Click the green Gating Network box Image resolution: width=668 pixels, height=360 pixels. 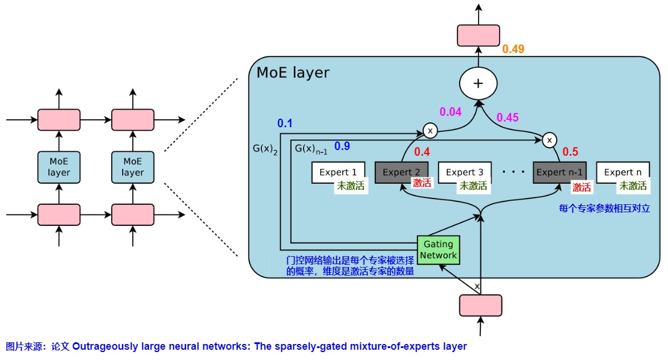[x=439, y=249]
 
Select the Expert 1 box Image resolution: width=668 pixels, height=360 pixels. [x=338, y=172]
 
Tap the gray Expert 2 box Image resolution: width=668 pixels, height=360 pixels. [x=401, y=172]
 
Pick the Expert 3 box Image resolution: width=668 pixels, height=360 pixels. [x=464, y=172]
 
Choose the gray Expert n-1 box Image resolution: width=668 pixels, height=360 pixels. [x=560, y=172]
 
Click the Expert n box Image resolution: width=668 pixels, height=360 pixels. [x=622, y=172]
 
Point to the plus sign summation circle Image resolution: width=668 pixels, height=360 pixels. [x=478, y=83]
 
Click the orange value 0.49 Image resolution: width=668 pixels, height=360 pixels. [x=513, y=50]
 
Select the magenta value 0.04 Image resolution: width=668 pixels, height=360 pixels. [x=450, y=112]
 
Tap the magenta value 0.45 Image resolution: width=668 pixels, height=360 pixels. [x=507, y=118]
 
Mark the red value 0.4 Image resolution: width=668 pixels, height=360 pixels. [x=422, y=152]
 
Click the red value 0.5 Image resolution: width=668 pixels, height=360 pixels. [x=570, y=152]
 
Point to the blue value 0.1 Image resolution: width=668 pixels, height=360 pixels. [x=285, y=123]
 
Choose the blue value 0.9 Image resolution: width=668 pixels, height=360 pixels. [x=342, y=146]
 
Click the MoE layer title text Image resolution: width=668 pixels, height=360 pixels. [x=293, y=73]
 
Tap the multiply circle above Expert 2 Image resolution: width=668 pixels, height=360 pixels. [x=430, y=132]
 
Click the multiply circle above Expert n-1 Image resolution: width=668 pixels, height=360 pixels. [x=549, y=139]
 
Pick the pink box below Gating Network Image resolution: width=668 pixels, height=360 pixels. [x=480, y=305]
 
